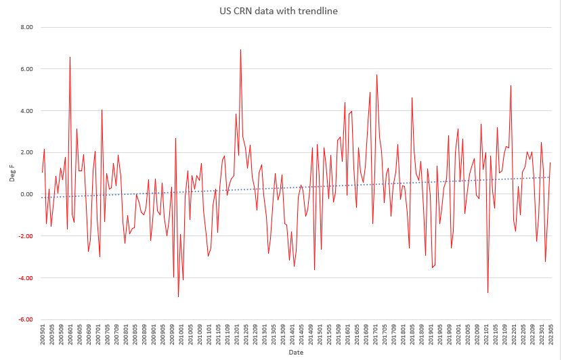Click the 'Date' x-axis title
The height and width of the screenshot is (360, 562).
click(x=296, y=353)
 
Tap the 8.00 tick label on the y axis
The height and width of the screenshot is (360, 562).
click(x=28, y=27)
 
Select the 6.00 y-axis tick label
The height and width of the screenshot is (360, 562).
click(x=28, y=69)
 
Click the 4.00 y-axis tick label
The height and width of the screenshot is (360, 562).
click(x=28, y=111)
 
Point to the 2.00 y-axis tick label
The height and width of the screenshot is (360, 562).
click(x=28, y=152)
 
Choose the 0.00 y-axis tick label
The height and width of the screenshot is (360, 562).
click(x=28, y=194)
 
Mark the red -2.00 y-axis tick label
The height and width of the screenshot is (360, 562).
click(x=26, y=236)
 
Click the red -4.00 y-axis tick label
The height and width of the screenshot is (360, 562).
click(x=26, y=278)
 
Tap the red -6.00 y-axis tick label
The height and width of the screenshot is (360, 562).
click(x=26, y=319)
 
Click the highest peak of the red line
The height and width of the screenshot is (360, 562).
click(x=240, y=49)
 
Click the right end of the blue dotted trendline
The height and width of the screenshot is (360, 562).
click(x=549, y=177)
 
